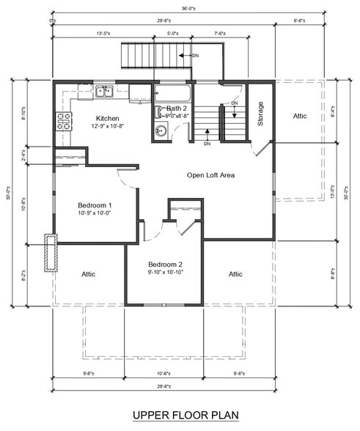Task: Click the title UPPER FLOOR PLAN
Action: coord(185,416)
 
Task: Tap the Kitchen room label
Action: coord(109,118)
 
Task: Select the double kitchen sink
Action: coord(104,92)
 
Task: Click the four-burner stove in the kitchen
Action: coord(63,121)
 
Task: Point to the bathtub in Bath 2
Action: coord(172,94)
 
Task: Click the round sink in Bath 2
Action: coord(161,131)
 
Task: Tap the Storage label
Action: coord(260,114)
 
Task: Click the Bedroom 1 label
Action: coord(95,205)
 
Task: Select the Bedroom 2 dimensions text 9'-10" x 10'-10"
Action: coord(165,273)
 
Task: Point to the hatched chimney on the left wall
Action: coord(50,253)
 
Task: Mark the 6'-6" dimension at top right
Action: coord(300,21)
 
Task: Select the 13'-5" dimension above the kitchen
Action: coord(103,33)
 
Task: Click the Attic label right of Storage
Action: coord(301,116)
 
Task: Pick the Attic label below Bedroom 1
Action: coord(88,274)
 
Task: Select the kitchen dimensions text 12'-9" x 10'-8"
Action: coord(109,126)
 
